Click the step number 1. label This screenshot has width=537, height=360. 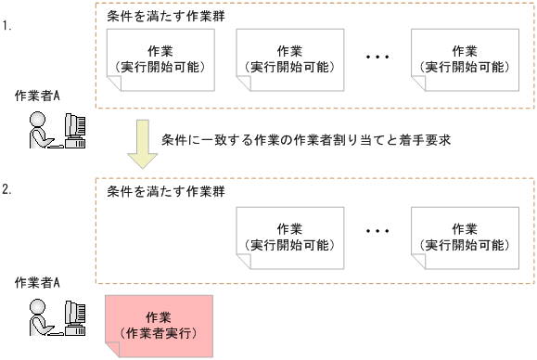click(x=7, y=26)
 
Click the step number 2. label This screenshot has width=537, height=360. click(x=7, y=190)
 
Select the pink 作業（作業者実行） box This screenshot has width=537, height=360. click(x=160, y=325)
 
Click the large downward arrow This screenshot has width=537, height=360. click(x=143, y=144)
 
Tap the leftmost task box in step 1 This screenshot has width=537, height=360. click(x=160, y=59)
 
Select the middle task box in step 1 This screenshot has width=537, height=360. click(x=289, y=59)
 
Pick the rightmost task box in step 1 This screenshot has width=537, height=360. click(x=464, y=59)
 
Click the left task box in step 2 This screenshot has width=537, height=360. click(x=289, y=237)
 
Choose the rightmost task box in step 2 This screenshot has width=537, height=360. click(x=464, y=237)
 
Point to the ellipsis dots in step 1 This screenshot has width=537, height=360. click(x=377, y=58)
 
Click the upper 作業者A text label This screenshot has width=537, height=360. click(x=38, y=96)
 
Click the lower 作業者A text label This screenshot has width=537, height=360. click(x=38, y=281)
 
